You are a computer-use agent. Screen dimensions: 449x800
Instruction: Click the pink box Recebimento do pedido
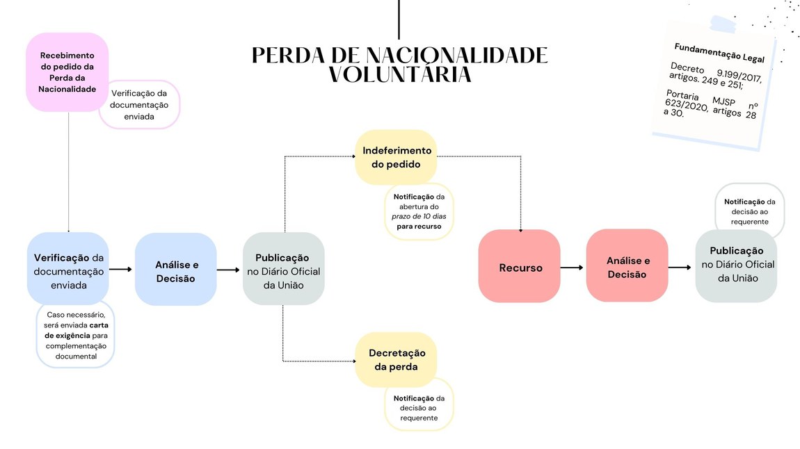point(67,72)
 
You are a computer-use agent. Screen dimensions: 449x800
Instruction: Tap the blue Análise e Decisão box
point(176,270)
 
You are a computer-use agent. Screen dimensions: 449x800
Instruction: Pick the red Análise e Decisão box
point(627,267)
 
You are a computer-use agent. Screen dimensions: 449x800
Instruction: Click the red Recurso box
point(520,267)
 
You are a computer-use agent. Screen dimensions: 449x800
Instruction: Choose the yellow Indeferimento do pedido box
point(397,157)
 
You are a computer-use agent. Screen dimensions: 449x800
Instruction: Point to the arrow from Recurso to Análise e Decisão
point(573,267)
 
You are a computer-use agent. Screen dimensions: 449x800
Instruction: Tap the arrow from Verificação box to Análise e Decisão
point(121,269)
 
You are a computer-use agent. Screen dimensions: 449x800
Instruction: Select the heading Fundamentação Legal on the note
point(719,53)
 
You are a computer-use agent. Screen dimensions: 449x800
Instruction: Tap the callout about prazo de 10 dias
point(419,211)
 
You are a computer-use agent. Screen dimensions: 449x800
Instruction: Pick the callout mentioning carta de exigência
point(75,335)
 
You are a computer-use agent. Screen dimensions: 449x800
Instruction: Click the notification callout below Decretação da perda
point(419,407)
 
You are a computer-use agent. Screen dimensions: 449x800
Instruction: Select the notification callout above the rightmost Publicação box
point(749,211)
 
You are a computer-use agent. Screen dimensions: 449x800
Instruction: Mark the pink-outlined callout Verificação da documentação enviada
point(139,104)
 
